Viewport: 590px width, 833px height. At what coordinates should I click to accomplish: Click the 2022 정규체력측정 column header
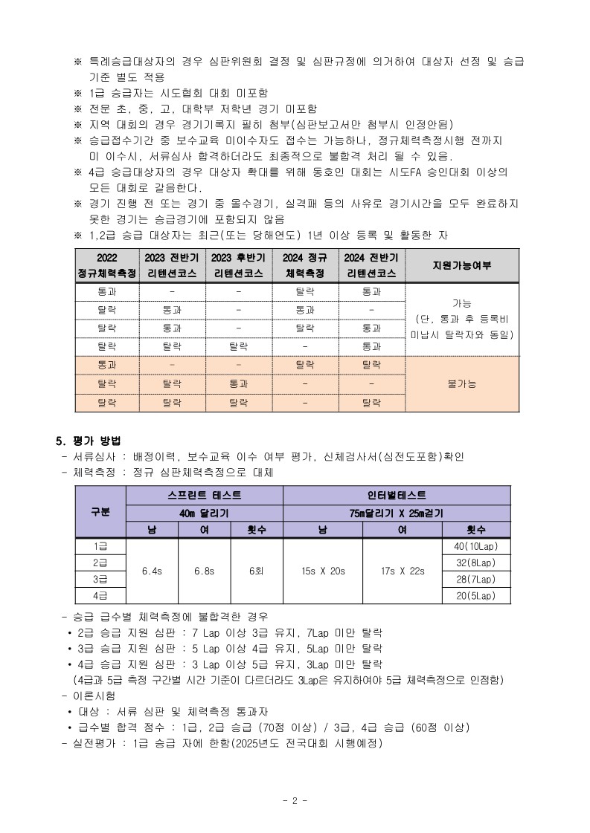[107, 266]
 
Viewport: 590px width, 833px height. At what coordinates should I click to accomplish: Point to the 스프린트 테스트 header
[205, 495]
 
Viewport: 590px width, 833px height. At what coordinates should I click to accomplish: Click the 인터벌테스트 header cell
[397, 495]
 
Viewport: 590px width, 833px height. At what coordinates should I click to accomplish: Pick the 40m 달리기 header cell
[205, 513]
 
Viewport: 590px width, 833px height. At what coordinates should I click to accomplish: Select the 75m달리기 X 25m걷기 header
[397, 513]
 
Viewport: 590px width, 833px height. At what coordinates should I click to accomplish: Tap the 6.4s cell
[153, 571]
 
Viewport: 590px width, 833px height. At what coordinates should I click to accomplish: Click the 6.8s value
[204, 571]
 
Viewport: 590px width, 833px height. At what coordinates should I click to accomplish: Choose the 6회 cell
[257, 571]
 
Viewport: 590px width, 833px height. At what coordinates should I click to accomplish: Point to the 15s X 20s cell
[323, 571]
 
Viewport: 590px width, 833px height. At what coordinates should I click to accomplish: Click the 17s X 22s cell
[402, 571]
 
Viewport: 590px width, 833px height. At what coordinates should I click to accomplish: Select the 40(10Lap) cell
[475, 546]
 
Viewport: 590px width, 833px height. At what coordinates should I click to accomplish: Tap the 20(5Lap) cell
[475, 595]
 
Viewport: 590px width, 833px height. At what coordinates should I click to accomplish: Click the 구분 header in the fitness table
[100, 511]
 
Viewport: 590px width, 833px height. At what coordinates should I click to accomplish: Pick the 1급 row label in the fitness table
[100, 546]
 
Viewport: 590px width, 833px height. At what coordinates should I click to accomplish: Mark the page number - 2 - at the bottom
[295, 800]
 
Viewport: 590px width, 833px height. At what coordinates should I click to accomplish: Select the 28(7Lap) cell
[475, 579]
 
